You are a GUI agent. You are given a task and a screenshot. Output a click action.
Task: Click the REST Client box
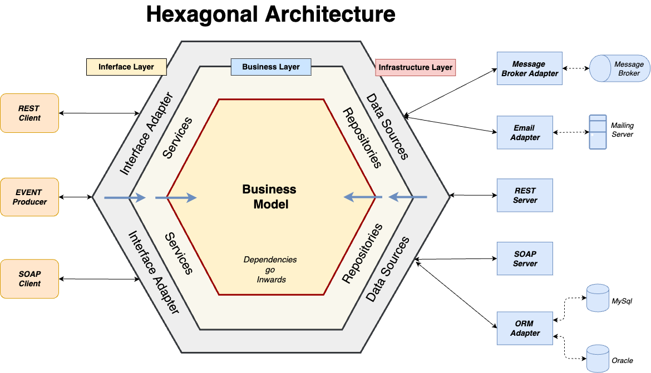29,113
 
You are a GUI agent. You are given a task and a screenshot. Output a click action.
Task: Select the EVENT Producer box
29,197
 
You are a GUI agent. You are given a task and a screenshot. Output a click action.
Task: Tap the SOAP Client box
29,278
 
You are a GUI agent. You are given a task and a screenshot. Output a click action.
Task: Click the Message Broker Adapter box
529,69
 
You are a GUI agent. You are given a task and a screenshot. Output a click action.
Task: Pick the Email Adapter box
525,133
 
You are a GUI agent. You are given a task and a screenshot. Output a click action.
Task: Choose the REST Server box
525,196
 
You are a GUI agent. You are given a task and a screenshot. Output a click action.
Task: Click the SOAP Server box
525,258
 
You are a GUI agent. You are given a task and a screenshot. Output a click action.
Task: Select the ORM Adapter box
525,328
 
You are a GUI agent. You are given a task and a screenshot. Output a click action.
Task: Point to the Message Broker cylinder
619,69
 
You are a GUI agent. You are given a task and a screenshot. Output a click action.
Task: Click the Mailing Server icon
598,132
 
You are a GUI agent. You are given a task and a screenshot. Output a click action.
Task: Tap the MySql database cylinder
598,298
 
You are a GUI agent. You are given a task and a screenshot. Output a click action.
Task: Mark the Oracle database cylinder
598,358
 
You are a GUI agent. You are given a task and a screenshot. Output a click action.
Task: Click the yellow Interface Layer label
126,67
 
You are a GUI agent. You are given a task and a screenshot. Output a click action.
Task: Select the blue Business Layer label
271,67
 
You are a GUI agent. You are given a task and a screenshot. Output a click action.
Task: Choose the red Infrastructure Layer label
415,68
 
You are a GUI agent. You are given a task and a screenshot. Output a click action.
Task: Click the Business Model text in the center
269,197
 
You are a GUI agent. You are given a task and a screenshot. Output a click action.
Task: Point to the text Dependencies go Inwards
270,270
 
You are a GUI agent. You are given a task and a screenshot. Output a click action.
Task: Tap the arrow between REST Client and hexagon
99,113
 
